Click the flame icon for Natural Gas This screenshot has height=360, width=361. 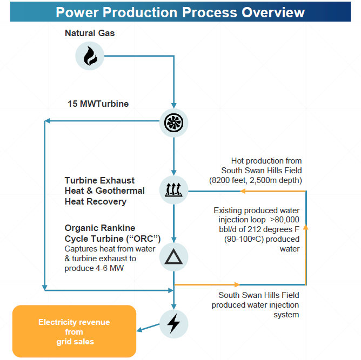click(x=90, y=55)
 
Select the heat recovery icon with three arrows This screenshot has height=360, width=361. click(x=174, y=189)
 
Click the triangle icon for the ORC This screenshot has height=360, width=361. click(x=174, y=257)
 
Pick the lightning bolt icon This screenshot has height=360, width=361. click(x=174, y=323)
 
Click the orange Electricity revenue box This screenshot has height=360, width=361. click(x=74, y=331)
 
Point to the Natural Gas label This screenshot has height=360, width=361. click(x=90, y=33)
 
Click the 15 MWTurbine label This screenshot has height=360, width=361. click(x=98, y=104)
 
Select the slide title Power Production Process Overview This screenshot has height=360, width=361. click(x=180, y=12)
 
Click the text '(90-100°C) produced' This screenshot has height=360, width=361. click(x=262, y=240)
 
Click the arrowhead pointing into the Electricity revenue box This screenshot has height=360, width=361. click(x=139, y=330)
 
